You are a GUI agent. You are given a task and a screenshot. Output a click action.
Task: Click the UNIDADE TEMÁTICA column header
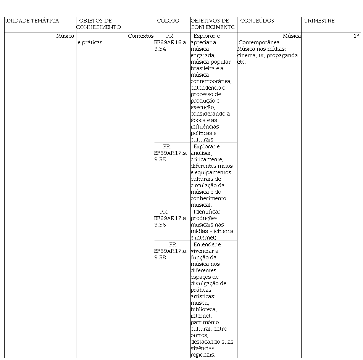click(x=32, y=21)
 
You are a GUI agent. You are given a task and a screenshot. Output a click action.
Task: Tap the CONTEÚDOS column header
click(x=257, y=21)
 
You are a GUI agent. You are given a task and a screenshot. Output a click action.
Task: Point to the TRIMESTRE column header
click(x=319, y=21)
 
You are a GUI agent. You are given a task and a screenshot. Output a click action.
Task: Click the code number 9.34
click(x=160, y=49)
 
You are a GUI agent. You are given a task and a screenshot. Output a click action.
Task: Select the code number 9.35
click(x=160, y=160)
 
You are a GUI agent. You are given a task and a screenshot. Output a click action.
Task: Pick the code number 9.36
click(x=160, y=225)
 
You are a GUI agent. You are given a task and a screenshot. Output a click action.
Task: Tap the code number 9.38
click(x=160, y=258)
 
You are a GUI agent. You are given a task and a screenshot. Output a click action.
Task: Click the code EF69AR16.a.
click(x=171, y=43)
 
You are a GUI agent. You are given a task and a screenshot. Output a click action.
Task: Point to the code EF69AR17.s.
click(x=171, y=153)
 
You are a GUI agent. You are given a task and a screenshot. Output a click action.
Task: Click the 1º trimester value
click(x=356, y=36)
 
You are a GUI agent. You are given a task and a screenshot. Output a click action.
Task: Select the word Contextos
click(x=141, y=36)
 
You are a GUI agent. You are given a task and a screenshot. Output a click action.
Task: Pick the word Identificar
click(x=207, y=212)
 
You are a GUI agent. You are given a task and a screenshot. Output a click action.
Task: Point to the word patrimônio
click(x=205, y=323)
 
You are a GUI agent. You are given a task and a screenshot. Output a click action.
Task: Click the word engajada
click(x=203, y=56)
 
